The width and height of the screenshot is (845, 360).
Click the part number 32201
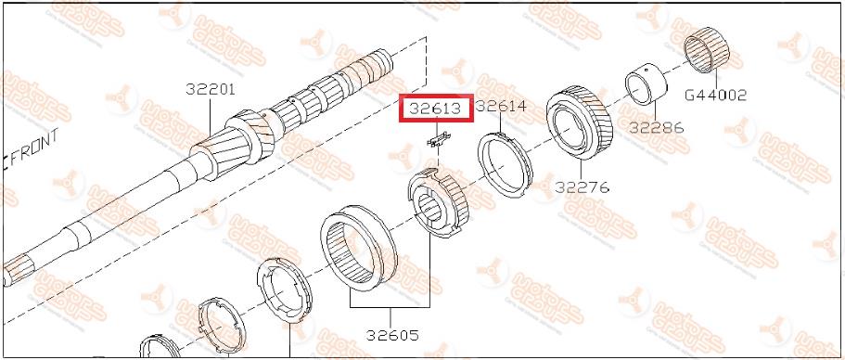(x=211, y=89)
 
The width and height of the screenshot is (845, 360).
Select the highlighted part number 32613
(x=435, y=109)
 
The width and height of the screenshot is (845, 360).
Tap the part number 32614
(x=501, y=106)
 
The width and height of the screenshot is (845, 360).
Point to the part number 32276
(x=582, y=187)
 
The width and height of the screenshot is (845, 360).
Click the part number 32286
(x=657, y=128)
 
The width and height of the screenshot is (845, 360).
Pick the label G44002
(x=716, y=96)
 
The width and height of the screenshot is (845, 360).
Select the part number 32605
(x=391, y=335)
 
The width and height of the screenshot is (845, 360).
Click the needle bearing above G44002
(x=707, y=49)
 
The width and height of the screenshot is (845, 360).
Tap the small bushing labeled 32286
(x=646, y=84)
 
